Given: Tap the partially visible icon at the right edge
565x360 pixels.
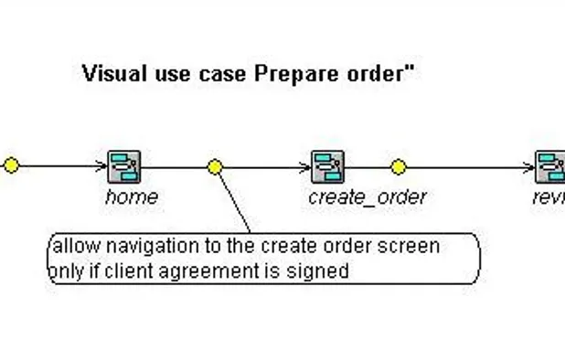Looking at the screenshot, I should click(x=551, y=167).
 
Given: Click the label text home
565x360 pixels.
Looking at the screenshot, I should click(x=132, y=196).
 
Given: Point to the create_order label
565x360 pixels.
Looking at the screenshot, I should click(x=368, y=196).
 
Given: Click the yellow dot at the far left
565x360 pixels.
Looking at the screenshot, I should click(x=11, y=166).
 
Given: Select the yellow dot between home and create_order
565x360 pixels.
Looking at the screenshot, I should click(x=215, y=167).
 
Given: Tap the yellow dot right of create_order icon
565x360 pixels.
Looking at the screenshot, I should click(x=398, y=167).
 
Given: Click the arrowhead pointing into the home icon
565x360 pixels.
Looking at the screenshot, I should click(x=102, y=167).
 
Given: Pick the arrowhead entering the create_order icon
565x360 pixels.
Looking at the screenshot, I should click(x=305, y=167).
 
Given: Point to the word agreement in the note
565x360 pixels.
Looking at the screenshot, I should click(x=219, y=271).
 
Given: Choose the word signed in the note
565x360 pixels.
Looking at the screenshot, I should click(x=324, y=271).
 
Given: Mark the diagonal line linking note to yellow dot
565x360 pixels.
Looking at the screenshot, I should click(x=233, y=201).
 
